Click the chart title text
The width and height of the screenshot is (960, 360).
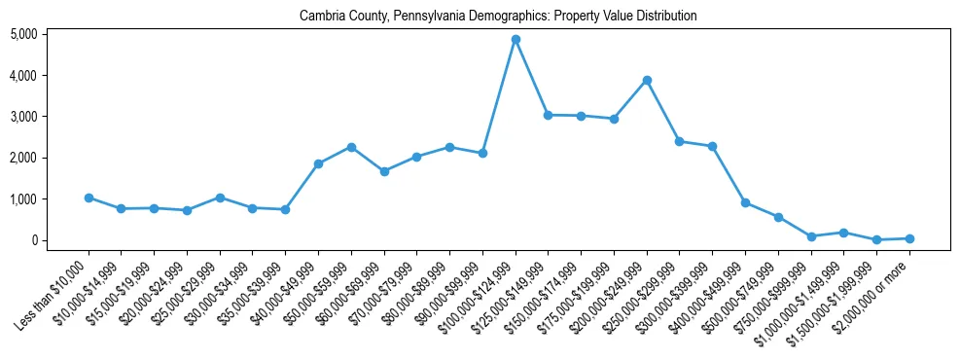pyautogui.click(x=498, y=17)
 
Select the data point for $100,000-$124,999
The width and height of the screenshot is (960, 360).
pyautogui.click(x=516, y=39)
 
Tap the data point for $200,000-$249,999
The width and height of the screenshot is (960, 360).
pyautogui.click(x=647, y=80)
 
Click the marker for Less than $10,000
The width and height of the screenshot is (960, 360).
pyautogui.click(x=89, y=198)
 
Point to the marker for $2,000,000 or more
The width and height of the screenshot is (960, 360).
pyautogui.click(x=909, y=238)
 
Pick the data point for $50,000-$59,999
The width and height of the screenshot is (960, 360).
pyautogui.click(x=351, y=147)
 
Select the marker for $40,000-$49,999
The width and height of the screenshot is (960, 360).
pyautogui.click(x=318, y=163)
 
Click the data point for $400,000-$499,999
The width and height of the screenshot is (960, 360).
pyautogui.click(x=745, y=202)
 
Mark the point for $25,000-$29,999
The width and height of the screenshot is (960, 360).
pyautogui.click(x=220, y=198)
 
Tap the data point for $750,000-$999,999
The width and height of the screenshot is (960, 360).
pyautogui.click(x=811, y=236)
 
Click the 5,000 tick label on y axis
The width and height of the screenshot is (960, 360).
pyautogui.click(x=23, y=34)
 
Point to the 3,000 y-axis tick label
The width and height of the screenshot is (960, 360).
pyautogui.click(x=23, y=117)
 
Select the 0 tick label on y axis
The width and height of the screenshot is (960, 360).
pyautogui.click(x=33, y=240)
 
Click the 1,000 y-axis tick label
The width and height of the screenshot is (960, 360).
pyautogui.click(x=23, y=199)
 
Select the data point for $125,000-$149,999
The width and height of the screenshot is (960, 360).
pyautogui.click(x=548, y=115)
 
